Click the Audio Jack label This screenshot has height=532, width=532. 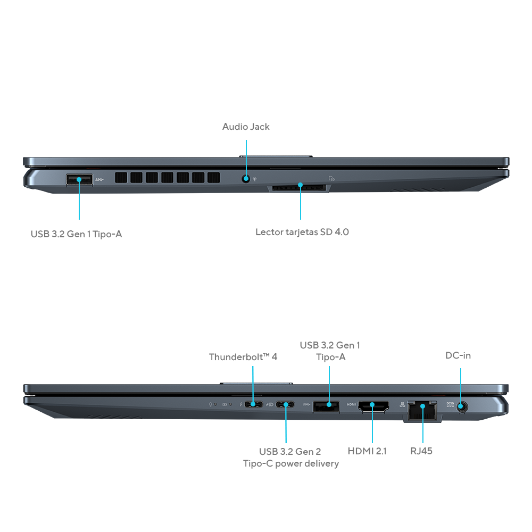[x=246, y=127]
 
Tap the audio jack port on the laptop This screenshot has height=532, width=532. [x=246, y=179]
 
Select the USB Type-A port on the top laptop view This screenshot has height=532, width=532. [x=79, y=180]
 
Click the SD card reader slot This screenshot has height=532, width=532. [x=300, y=187]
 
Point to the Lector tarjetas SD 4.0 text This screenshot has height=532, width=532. [x=302, y=232]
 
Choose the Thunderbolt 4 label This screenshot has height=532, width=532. [x=243, y=357]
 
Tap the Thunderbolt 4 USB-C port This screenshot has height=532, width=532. [x=253, y=405]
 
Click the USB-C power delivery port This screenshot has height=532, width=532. [x=286, y=405]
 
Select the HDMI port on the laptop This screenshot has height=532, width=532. [x=372, y=406]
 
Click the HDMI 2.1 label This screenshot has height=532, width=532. [x=367, y=451]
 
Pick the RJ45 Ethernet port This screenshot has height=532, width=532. [x=422, y=410]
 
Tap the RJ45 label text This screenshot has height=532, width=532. [x=421, y=451]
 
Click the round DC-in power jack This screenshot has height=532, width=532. [x=461, y=407]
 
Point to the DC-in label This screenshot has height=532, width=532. [x=458, y=355]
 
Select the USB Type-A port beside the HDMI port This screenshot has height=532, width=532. [x=326, y=406]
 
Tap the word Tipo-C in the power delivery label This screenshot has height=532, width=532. [x=259, y=463]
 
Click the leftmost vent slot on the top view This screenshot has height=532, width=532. [x=121, y=178]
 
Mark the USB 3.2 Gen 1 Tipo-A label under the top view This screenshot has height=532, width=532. [x=76, y=234]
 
